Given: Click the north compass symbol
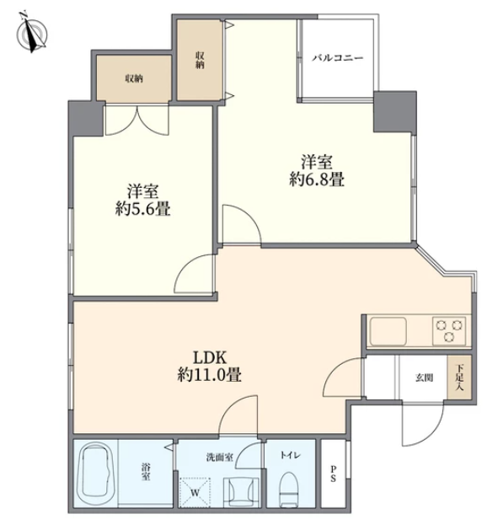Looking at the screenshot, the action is tap(32, 34).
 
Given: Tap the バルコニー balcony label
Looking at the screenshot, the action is tap(338, 58).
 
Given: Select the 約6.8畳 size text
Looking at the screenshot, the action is tap(317, 180).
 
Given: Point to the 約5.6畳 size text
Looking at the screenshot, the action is tap(143, 209).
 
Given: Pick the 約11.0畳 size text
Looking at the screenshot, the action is tap(210, 375).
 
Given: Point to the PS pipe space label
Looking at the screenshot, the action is tap(333, 474).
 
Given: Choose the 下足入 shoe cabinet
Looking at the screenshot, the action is tap(459, 378).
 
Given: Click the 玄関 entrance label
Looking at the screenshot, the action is tap(425, 378).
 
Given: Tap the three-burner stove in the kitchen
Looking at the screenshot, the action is tap(449, 330).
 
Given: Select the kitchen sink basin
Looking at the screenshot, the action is tap(388, 330).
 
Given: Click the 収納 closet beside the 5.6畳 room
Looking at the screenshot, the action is tap(134, 78).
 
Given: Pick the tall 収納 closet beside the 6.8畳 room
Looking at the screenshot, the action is tap(200, 60).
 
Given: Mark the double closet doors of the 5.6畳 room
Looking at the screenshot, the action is tap(136, 121).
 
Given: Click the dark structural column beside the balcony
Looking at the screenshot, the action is tap(395, 111).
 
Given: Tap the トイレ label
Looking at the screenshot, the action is tap(290, 455).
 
